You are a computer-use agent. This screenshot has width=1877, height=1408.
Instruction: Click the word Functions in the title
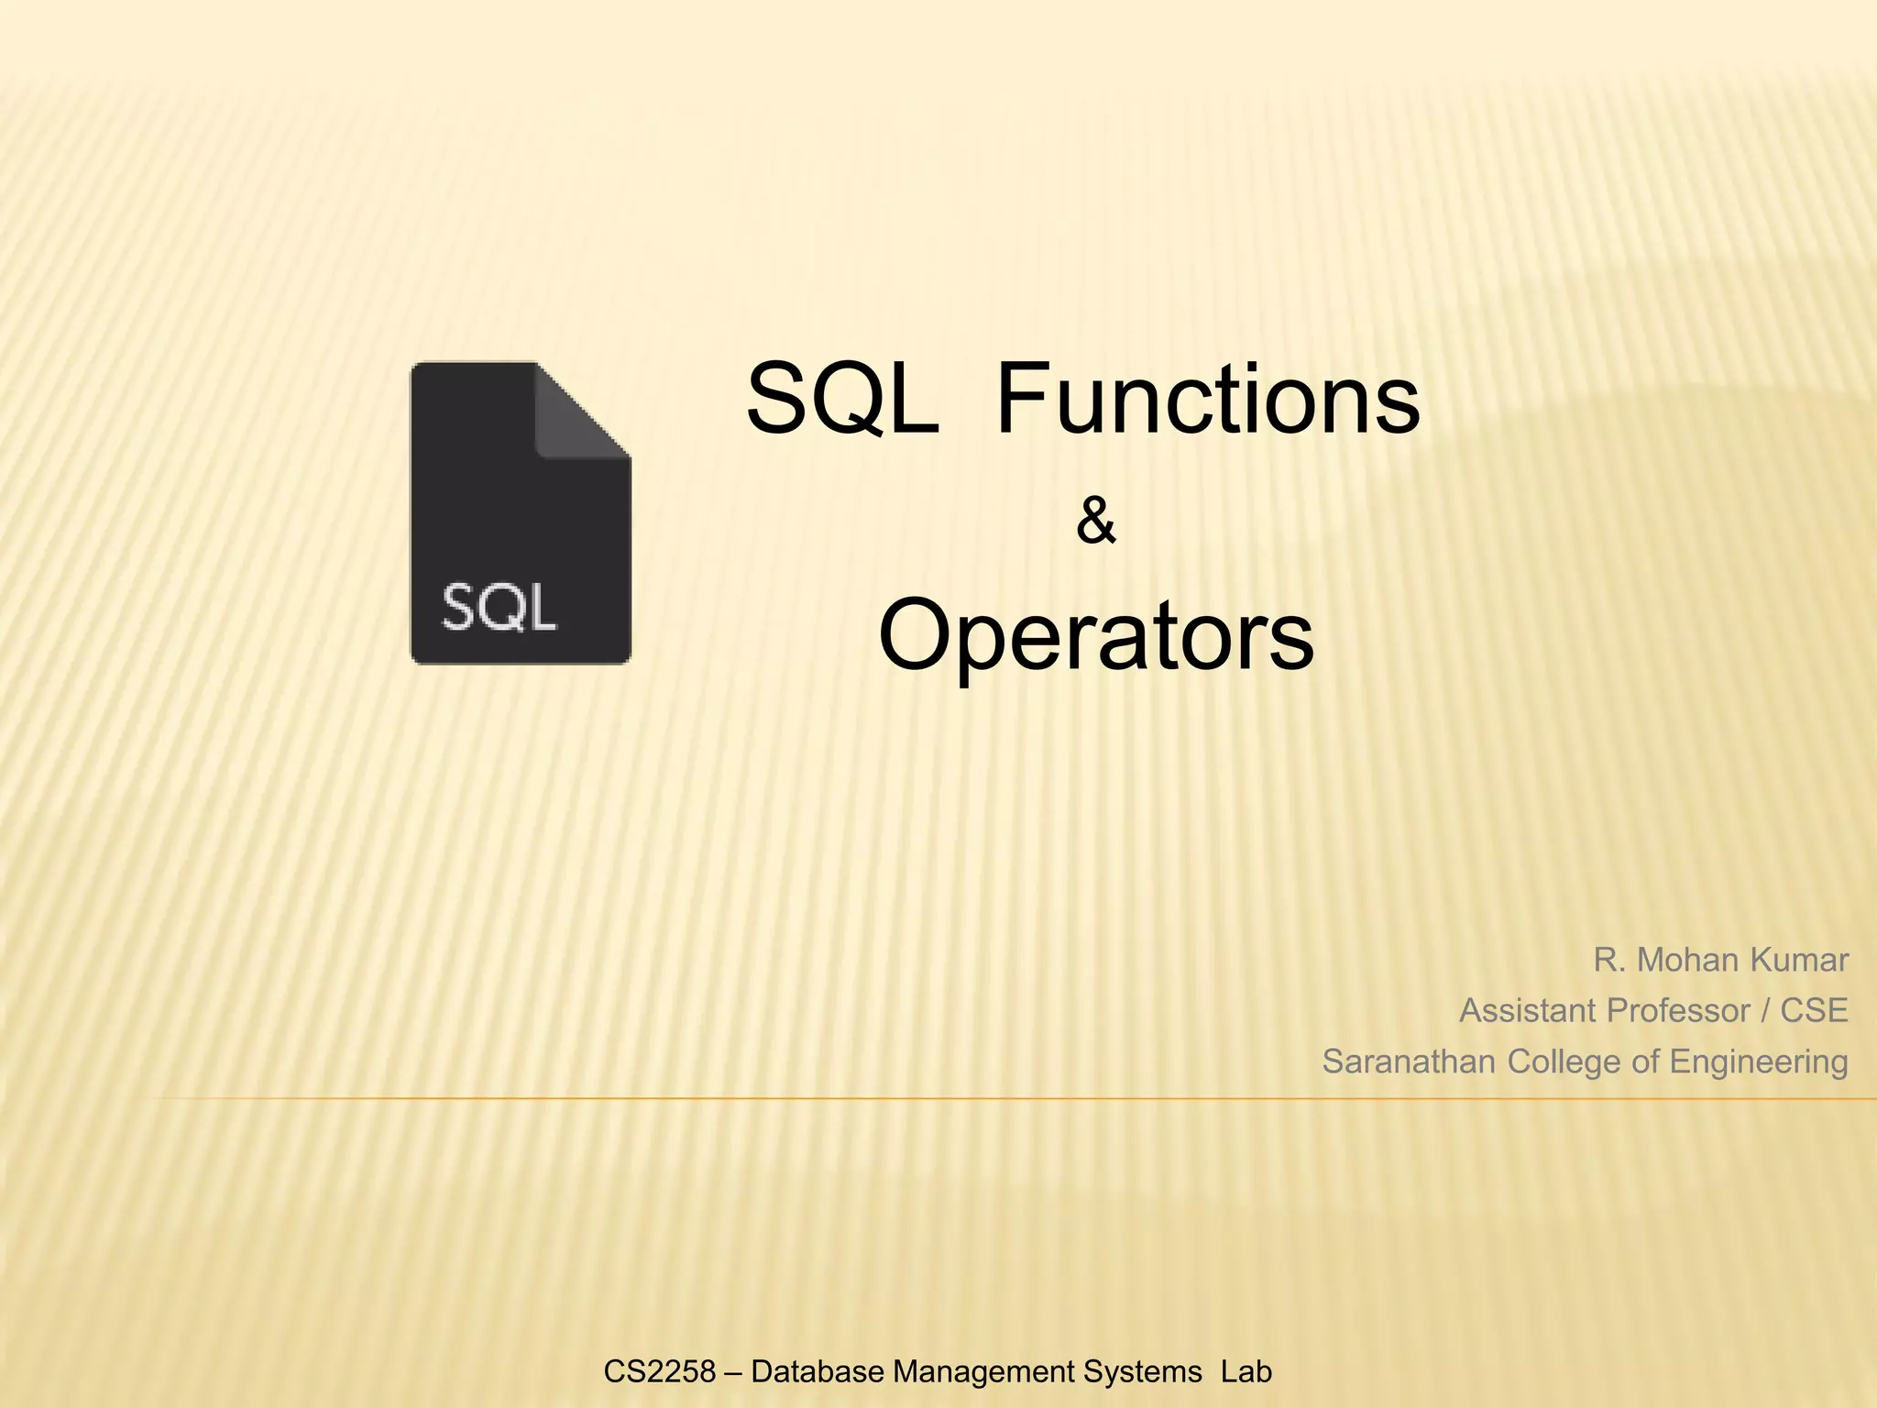[x=1207, y=400]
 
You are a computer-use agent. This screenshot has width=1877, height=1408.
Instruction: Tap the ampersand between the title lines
[x=1095, y=522]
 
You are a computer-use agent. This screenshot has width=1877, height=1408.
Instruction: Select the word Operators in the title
[x=1096, y=635]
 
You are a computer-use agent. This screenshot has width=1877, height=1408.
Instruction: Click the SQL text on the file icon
[x=499, y=607]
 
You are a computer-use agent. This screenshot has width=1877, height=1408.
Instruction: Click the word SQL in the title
[x=842, y=400]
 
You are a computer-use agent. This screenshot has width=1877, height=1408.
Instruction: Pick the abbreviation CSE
[x=1814, y=1010]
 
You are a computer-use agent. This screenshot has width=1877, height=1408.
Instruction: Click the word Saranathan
[x=1410, y=1061]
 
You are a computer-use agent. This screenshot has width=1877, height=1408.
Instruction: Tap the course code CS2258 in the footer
[x=659, y=1371]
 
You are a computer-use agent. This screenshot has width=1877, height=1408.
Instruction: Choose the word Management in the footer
[x=982, y=1371]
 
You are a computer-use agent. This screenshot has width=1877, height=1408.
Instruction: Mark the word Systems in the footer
[x=1142, y=1371]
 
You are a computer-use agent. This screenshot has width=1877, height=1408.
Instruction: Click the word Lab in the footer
[x=1246, y=1371]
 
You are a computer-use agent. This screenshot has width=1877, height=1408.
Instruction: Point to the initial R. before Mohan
[x=1608, y=960]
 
